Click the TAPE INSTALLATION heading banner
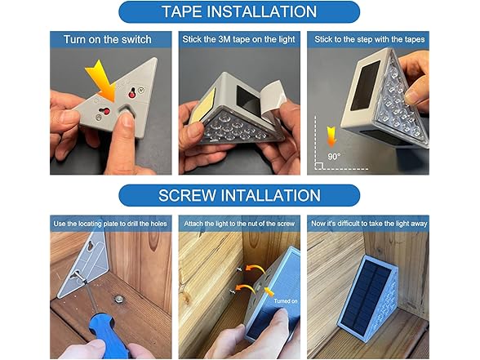239,12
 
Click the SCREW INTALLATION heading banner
239,195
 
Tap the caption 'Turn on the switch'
108,39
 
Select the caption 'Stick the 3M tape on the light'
238,39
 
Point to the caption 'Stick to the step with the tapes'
370,39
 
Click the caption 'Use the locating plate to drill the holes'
110,224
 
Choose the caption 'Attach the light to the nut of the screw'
239,224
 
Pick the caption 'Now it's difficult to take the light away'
369,224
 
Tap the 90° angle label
334,157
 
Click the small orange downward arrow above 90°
331,137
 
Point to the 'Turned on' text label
286,301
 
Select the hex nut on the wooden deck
118,298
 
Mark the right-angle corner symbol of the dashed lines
318,166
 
